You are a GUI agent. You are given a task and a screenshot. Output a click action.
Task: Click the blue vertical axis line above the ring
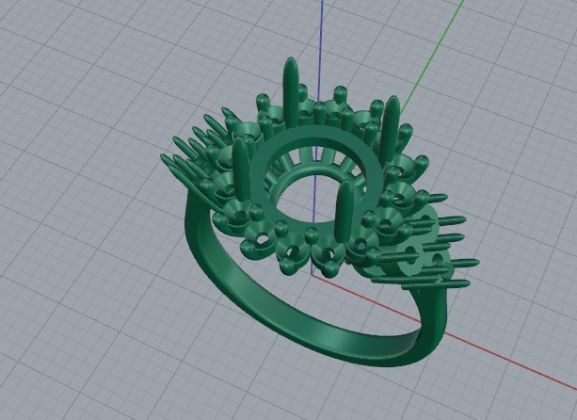tap(321, 38)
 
